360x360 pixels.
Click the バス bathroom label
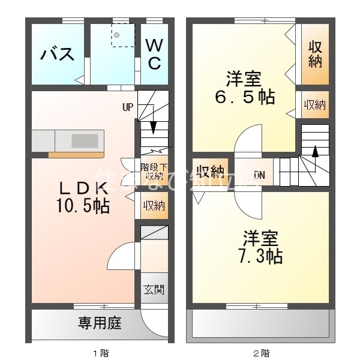pos(58,55)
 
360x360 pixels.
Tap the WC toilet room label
pos(154,54)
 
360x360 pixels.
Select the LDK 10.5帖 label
pos(83,197)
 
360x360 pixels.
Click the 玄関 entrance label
pos(154,290)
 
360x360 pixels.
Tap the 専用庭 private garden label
pos(100,324)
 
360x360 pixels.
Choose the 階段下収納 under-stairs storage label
pos(154,171)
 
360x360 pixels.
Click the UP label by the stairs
pos(128,108)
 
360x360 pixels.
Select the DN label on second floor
pos(259,175)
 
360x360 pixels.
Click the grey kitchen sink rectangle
pos(85,141)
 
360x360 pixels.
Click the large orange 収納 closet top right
pos(314,54)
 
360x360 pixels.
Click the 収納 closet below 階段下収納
pos(154,205)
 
